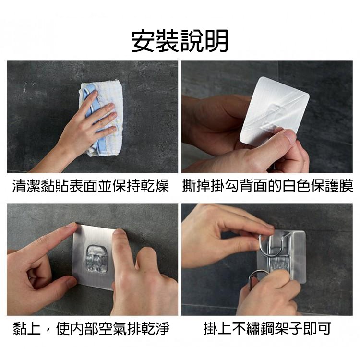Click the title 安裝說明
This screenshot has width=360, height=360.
click(180, 41)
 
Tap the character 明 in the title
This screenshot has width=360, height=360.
click(216, 41)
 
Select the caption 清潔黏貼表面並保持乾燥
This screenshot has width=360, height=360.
click(91, 186)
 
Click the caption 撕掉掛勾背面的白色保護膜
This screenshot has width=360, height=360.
click(268, 186)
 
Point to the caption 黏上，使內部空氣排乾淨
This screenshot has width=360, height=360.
click(91, 328)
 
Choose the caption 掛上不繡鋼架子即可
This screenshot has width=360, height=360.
click(267, 328)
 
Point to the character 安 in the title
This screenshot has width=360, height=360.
click(143, 41)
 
